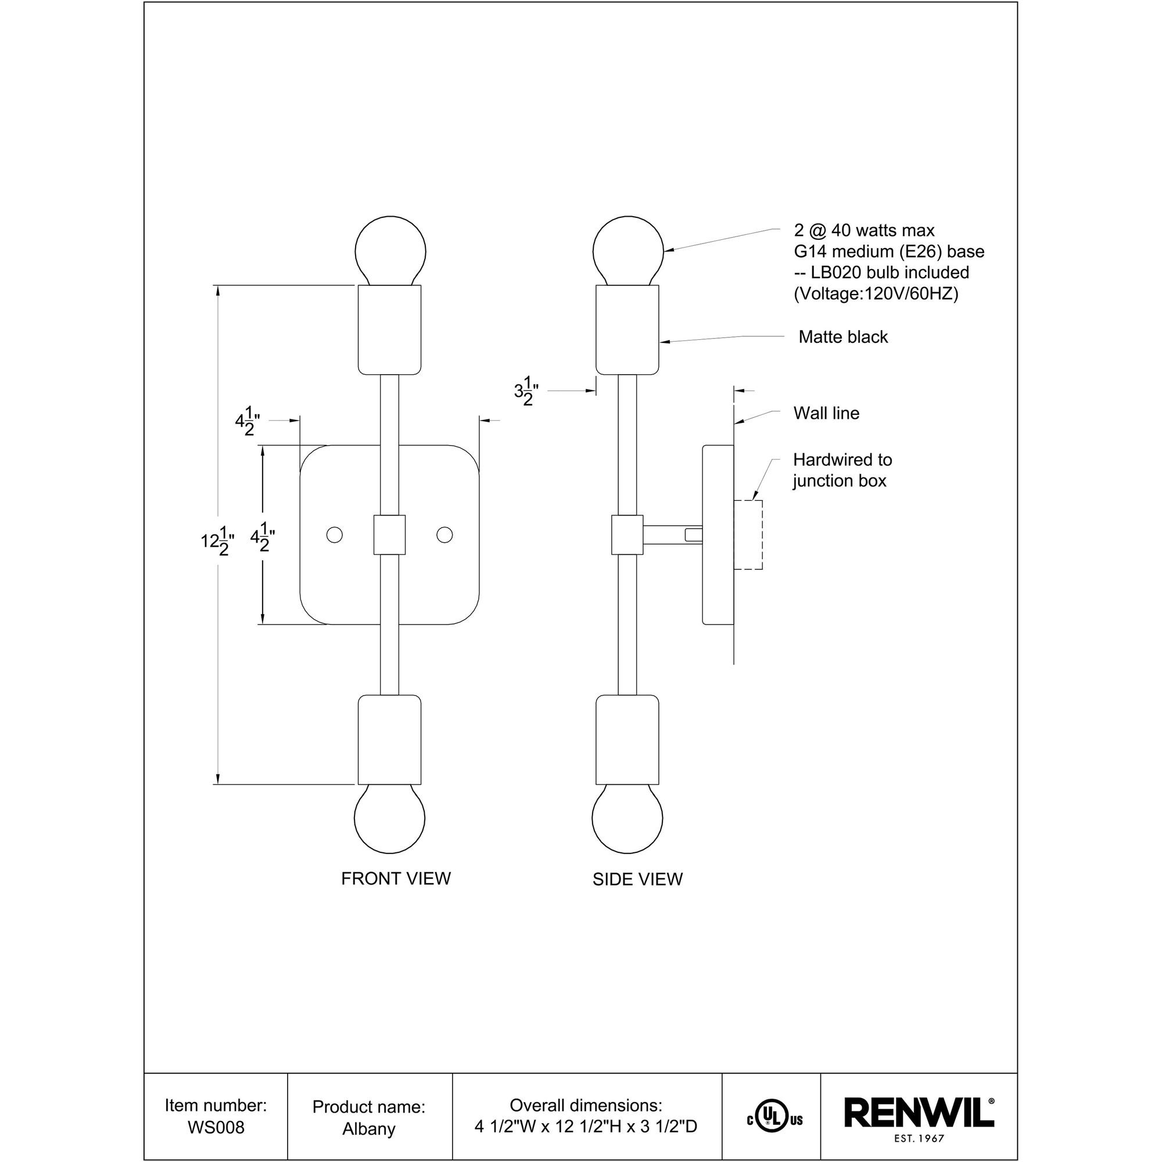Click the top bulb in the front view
(390, 249)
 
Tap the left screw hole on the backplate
(334, 535)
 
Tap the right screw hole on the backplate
(444, 535)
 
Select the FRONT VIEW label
(396, 878)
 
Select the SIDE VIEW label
(637, 879)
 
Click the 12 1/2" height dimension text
(217, 541)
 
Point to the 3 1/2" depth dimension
(526, 392)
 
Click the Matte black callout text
(842, 337)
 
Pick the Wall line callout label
(826, 413)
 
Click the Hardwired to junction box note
(841, 471)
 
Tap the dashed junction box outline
(749, 535)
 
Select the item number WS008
(216, 1127)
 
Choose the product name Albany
(369, 1129)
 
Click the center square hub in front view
(389, 535)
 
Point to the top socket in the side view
(627, 329)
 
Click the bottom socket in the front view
(390, 740)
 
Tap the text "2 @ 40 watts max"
(865, 230)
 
